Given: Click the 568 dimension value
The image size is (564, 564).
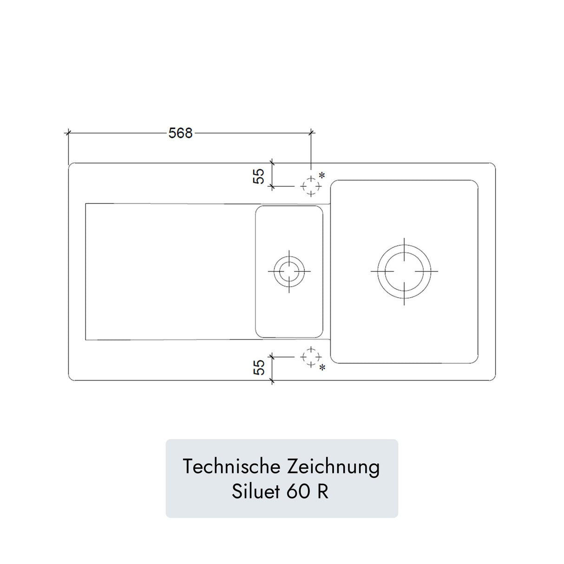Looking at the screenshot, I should pos(180,133).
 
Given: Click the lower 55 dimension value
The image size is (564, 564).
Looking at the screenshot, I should pos(259,367).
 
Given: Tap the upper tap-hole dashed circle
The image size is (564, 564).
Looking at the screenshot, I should pos(311,186).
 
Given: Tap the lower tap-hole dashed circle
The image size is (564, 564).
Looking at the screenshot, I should pos(311,357).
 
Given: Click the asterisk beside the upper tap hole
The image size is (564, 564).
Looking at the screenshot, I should pos(321,175).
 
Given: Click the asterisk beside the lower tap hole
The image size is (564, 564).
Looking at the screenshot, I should pos(321,367).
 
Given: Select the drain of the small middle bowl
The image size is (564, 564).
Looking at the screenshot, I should pos(289,271).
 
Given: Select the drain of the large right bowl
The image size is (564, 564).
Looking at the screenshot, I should pos(404,271).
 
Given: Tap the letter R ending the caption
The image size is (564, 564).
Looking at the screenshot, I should pos(322,492).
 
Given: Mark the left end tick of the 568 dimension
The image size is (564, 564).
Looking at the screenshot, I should pos(68,133).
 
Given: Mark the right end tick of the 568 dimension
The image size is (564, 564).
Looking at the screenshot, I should pos(311,133).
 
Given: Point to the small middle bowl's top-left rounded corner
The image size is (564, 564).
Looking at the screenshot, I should pos(258,209).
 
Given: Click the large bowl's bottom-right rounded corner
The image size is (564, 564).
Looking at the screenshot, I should pos(474,360).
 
